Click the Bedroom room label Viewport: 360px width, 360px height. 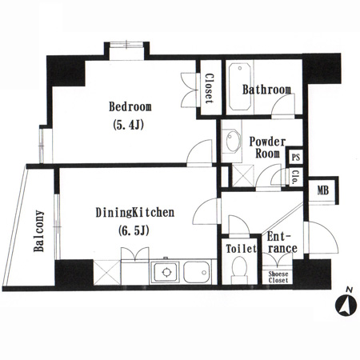(130, 106)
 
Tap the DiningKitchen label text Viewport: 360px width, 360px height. (135, 213)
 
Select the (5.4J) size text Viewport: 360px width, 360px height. (129, 125)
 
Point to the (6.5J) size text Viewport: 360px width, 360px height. (134, 230)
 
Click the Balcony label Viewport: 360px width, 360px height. (39, 231)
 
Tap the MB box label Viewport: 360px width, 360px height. (323, 190)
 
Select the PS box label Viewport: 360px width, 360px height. (296, 158)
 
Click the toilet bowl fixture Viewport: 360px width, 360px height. (239, 270)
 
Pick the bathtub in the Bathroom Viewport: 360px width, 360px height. (240, 86)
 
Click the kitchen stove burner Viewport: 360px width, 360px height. (166, 272)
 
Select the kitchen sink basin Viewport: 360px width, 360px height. (197, 272)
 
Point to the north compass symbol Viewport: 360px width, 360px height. (346, 303)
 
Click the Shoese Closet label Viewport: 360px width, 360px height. (278, 277)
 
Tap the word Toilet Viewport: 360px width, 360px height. (241, 249)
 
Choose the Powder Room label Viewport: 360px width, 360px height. (267, 147)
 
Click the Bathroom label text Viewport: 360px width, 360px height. (266, 90)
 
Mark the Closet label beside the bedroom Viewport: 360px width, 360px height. (209, 89)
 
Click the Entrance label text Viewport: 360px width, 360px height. (282, 242)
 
